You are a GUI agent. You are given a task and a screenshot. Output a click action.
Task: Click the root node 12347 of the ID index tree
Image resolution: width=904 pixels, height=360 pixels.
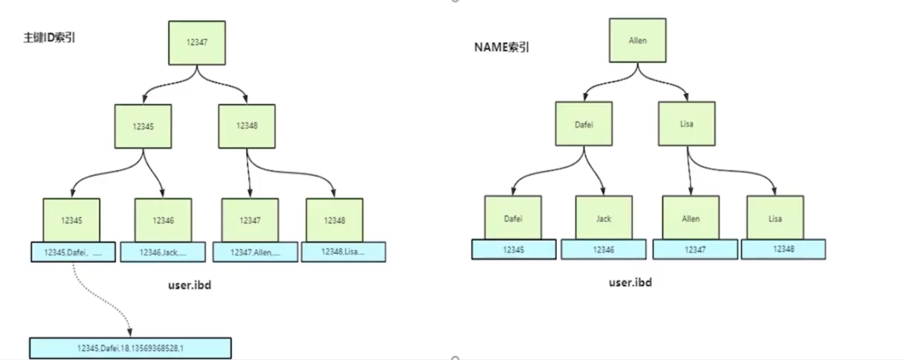(x=197, y=43)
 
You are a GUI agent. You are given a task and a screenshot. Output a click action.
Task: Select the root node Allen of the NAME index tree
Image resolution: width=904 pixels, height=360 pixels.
(x=638, y=41)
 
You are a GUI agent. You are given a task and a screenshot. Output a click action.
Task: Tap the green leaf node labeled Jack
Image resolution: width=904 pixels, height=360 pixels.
(x=604, y=218)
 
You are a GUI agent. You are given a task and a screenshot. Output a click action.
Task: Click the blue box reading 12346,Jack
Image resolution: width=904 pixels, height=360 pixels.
(x=163, y=252)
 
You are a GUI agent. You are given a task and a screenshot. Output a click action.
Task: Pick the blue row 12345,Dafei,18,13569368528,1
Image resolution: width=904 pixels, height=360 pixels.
(x=130, y=348)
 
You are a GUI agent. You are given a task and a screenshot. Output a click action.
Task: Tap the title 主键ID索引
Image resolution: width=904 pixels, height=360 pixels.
(x=49, y=38)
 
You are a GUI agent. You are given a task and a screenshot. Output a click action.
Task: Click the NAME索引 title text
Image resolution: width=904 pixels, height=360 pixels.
(x=502, y=47)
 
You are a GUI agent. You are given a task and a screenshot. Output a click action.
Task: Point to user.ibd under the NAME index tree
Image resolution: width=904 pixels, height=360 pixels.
(x=630, y=282)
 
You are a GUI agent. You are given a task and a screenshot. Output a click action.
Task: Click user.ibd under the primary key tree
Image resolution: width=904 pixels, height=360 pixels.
(x=190, y=285)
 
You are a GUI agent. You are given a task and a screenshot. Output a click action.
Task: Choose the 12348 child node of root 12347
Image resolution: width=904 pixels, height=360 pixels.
(x=247, y=126)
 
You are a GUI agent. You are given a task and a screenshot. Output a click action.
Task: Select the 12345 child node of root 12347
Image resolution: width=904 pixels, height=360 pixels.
(x=143, y=127)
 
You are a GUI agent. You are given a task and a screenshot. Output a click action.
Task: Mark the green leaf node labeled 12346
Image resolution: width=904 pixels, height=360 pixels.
(x=163, y=221)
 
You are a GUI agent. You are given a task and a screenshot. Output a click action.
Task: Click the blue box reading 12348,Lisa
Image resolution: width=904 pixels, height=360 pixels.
(x=343, y=252)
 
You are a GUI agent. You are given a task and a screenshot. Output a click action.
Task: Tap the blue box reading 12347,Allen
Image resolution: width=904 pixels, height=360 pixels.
(x=255, y=252)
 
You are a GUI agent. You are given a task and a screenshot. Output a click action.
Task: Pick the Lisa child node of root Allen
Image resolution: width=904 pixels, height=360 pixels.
(x=687, y=124)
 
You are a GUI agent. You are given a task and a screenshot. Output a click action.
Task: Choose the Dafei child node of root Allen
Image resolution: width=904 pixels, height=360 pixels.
(x=584, y=125)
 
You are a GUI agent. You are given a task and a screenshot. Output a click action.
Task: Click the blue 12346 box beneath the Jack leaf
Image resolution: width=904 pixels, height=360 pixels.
(x=603, y=249)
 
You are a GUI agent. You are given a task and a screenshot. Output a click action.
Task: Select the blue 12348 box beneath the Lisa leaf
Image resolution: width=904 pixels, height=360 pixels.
(x=783, y=249)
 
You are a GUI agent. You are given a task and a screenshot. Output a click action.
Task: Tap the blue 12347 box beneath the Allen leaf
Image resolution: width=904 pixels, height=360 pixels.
(x=695, y=249)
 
